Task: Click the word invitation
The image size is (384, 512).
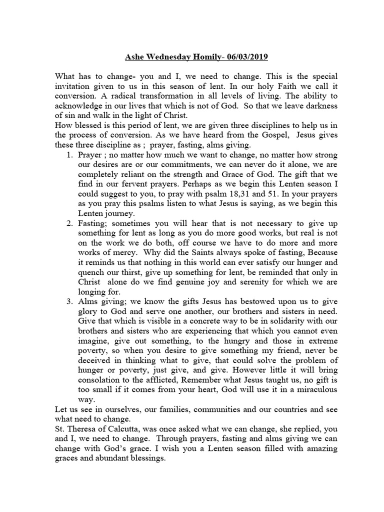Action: (73, 87)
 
